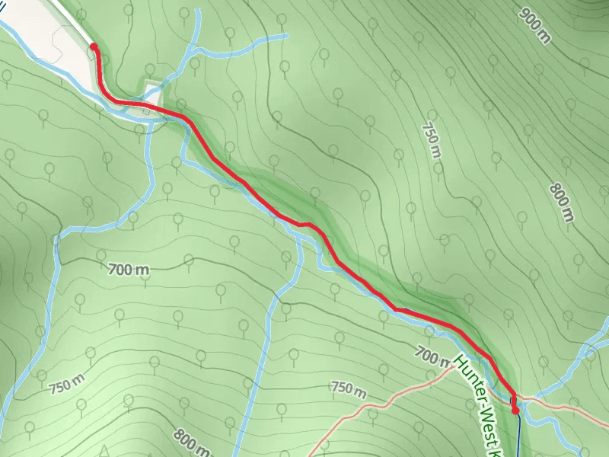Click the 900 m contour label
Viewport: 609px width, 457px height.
[x=535, y=26]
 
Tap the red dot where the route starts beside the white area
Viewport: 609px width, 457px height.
[x=94, y=46]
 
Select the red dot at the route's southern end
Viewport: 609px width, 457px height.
[x=515, y=411]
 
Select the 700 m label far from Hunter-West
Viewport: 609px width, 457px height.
[x=128, y=269]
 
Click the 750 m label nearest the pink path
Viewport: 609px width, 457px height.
[x=349, y=389]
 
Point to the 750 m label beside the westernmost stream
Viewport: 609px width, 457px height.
[x=66, y=386]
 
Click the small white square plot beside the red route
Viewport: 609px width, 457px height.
[x=151, y=97]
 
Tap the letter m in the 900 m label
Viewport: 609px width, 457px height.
[x=544, y=37]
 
